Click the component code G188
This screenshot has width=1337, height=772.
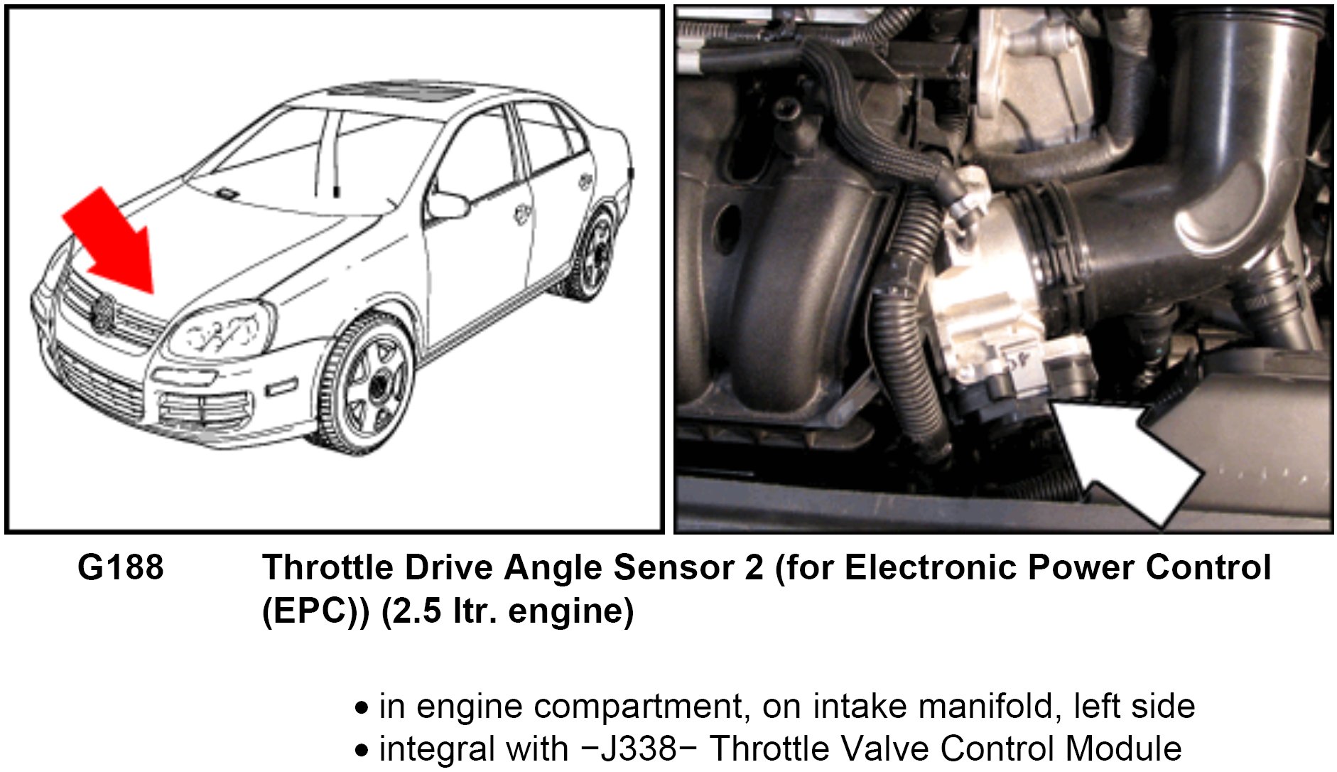point(121,568)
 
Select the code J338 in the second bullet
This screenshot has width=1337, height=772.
point(639,749)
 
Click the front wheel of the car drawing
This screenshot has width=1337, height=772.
point(370,384)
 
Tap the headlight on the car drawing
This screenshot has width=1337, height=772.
point(220,330)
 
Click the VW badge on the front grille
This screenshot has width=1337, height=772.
point(102,312)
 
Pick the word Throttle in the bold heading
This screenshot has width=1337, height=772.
point(328,568)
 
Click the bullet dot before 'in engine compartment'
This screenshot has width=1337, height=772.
point(362,709)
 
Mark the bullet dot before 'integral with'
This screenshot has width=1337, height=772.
point(362,751)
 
